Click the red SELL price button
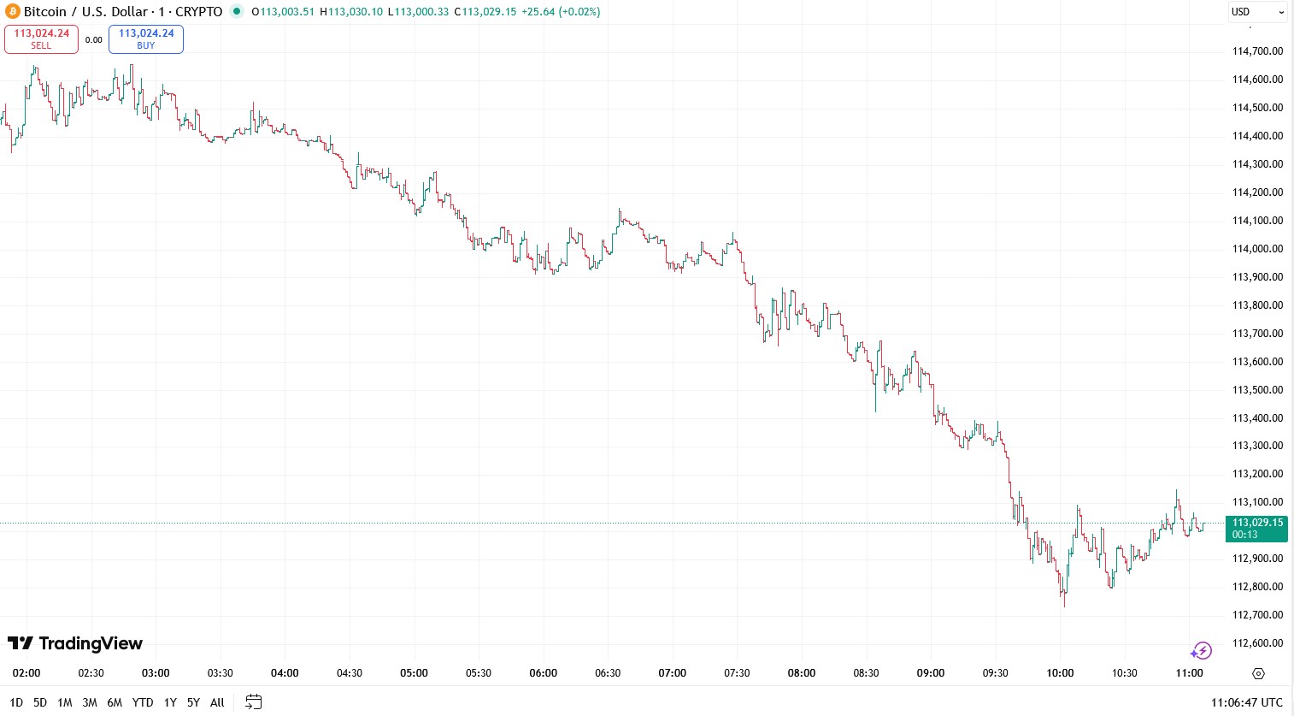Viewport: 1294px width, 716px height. pos(41,39)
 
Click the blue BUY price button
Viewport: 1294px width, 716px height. pos(146,39)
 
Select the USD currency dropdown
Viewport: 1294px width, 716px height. pos(1257,12)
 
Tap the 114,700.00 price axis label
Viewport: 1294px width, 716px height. pos(1257,51)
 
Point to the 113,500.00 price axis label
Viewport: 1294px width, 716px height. pos(1257,390)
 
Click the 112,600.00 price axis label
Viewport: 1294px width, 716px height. pos(1257,643)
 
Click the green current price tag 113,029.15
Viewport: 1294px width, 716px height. pos(1256,528)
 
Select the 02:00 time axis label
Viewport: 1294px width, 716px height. pos(26,673)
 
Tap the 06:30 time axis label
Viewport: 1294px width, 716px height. pos(608,673)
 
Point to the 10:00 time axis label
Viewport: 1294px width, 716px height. pos(1060,673)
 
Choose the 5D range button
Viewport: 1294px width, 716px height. pos(40,702)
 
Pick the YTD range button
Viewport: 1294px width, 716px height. pos(143,702)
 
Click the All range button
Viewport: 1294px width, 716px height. pos(217,702)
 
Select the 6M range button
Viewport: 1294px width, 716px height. pos(115,702)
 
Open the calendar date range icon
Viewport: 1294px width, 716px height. pos(254,702)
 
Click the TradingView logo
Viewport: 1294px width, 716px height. pos(75,643)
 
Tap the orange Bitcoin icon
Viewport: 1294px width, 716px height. pos(13,12)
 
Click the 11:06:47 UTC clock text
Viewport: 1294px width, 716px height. pos(1246,702)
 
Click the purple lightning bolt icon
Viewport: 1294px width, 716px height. pos(1202,651)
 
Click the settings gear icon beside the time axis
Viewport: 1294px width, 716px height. pos(1258,673)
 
